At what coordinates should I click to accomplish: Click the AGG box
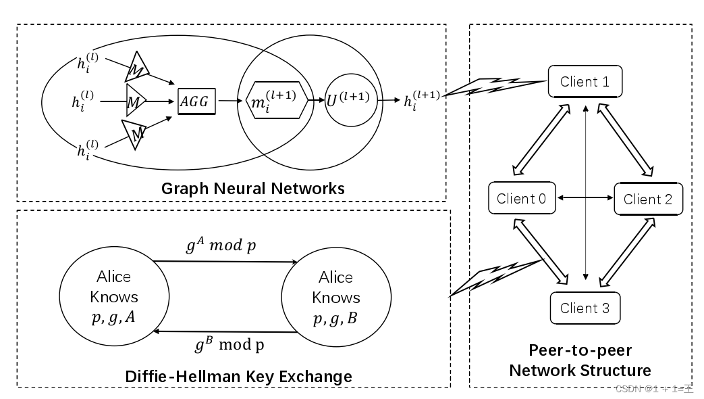tap(196, 101)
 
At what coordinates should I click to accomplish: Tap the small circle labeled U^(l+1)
tap(348, 100)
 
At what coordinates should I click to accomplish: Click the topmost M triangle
tap(137, 68)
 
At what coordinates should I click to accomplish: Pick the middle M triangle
tap(135, 101)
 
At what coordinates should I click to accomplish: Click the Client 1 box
tap(585, 82)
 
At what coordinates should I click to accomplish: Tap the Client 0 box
tap(521, 199)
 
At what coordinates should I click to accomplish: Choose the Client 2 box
tap(647, 199)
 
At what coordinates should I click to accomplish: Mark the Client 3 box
tap(585, 308)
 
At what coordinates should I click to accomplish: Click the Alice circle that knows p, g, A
tap(106, 298)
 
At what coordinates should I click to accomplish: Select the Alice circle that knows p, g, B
tap(335, 298)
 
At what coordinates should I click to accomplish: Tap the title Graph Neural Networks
tap(252, 188)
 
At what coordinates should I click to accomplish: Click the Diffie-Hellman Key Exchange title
tap(238, 375)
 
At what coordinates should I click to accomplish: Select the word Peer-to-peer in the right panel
tap(580, 352)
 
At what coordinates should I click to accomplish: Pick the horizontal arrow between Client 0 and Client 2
tap(584, 198)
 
